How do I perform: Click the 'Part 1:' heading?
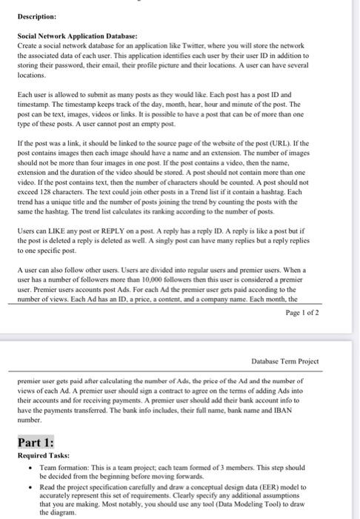(33, 442)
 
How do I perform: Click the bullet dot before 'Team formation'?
(28, 469)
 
